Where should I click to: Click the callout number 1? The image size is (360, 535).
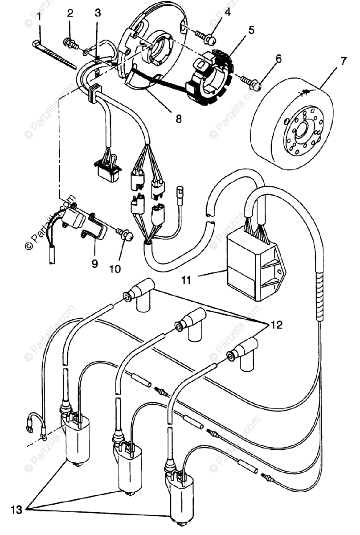pyautogui.click(x=39, y=17)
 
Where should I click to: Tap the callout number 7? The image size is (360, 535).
pyautogui.click(x=343, y=62)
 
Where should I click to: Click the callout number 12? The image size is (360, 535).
pyautogui.click(x=276, y=325)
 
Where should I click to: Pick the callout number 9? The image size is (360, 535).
pyautogui.click(x=94, y=263)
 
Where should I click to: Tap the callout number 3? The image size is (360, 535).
pyautogui.click(x=98, y=13)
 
